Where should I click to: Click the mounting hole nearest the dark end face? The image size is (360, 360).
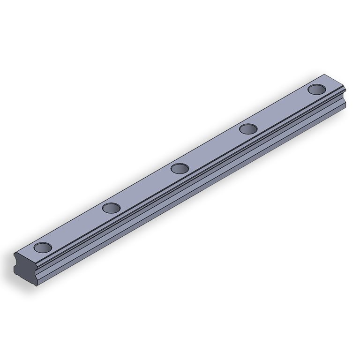(43, 247)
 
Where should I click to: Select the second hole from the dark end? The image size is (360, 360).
(111, 207)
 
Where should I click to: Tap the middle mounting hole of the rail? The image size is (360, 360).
(180, 168)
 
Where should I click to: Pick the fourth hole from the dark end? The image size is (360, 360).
(248, 128)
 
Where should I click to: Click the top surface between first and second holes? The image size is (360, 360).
(77, 227)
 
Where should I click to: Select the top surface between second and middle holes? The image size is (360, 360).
(145, 187)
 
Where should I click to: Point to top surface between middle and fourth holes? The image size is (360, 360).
(214, 148)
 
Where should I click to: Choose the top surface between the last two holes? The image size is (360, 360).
(282, 109)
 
